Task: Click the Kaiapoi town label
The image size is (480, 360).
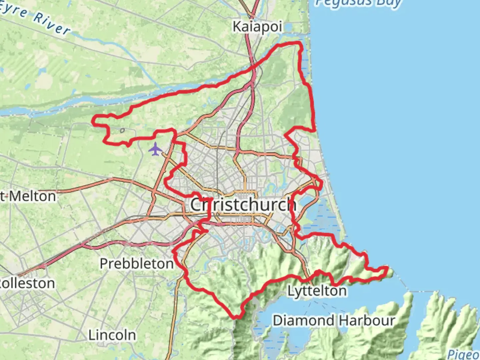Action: [x=257, y=27]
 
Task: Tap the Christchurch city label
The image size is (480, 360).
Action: [x=243, y=204]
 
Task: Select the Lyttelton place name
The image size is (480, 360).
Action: [x=317, y=291]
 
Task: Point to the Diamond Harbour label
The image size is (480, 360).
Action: [x=334, y=321]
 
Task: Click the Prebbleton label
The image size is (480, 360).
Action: [x=137, y=264]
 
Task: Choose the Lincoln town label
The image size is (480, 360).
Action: [x=112, y=335]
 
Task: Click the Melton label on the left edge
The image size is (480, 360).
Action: [x=29, y=196]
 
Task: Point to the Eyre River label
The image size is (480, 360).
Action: [x=35, y=18]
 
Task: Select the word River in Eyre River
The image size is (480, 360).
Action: [x=52, y=24]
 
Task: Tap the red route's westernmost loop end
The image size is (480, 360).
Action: [x=94, y=121]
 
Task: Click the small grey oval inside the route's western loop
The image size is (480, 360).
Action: [x=122, y=131]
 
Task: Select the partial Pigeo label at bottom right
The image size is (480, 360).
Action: [x=463, y=354]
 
